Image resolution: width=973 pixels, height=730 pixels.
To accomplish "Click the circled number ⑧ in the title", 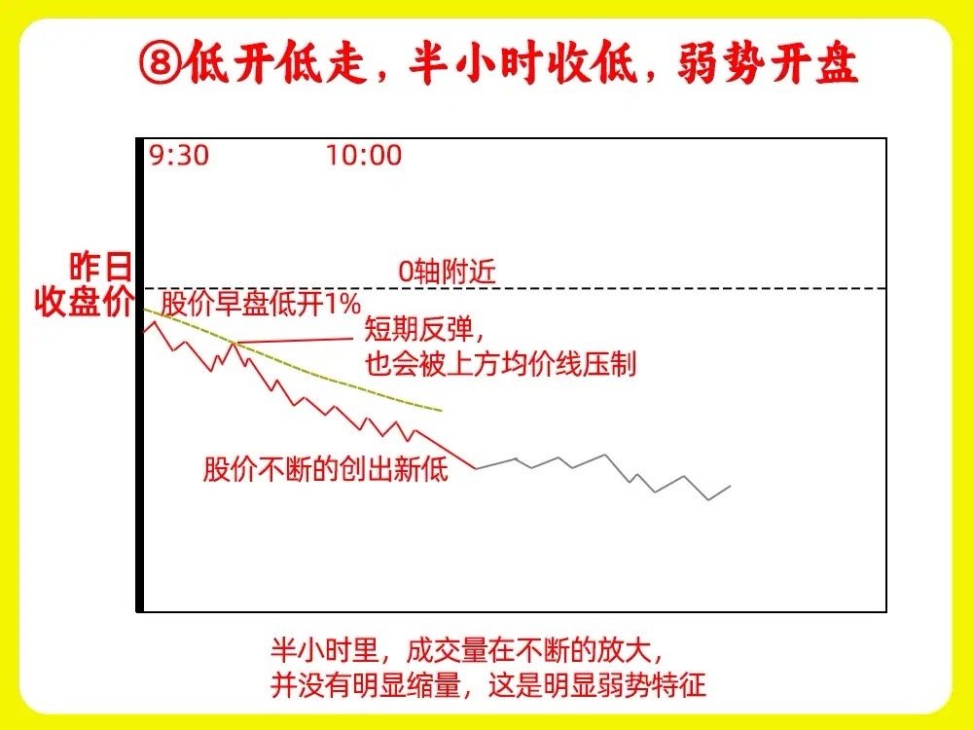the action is [x=161, y=62].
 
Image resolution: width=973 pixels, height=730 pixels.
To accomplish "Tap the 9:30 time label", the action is [x=179, y=155].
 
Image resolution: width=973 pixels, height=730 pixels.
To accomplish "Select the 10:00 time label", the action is [x=364, y=155].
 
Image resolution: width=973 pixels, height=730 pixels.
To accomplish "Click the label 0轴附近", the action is [x=447, y=272].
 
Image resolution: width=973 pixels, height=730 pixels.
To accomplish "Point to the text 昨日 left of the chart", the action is [x=100, y=267].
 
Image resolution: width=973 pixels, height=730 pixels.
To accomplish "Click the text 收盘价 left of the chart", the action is [x=84, y=303].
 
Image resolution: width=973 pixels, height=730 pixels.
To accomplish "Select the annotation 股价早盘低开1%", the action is [x=261, y=304].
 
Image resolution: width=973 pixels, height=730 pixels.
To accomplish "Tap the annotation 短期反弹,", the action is [x=424, y=329].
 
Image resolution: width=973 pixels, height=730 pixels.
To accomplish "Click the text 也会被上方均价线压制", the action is [x=500, y=364].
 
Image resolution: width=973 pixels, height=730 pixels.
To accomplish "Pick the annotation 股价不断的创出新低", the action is [x=326, y=469].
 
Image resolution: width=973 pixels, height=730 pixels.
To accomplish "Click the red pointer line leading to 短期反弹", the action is [x=294, y=341].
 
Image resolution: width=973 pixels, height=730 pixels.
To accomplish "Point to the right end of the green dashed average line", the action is [x=441, y=411].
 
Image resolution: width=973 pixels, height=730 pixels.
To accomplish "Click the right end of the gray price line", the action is [x=730, y=486].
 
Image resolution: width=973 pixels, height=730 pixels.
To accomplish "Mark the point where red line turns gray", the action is [x=477, y=468].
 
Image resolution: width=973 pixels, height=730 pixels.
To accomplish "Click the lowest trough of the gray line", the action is [x=708, y=499].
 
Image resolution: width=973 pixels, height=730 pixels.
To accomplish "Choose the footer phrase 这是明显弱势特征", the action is [x=597, y=684].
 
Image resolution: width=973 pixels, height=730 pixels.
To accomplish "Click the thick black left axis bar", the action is [x=140, y=375].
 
